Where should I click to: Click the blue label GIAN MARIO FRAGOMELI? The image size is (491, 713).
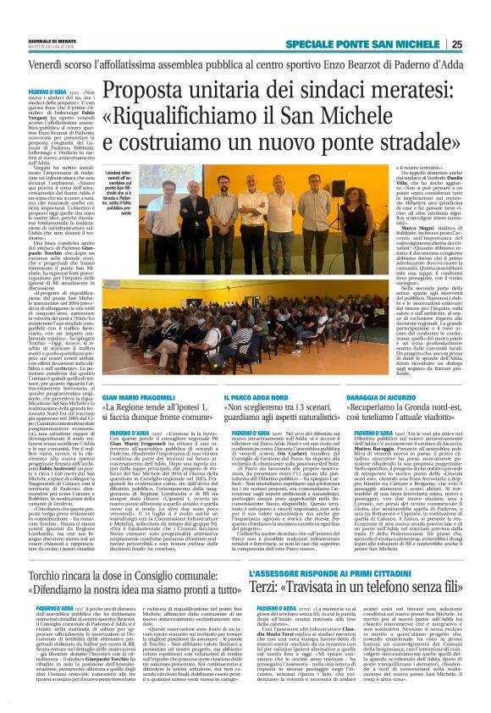pyautogui.click(x=140, y=397)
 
